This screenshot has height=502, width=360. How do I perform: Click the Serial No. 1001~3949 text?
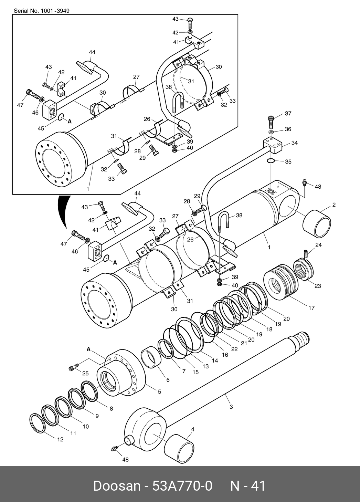pos(42,11)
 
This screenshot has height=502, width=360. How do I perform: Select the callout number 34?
pos(294,143)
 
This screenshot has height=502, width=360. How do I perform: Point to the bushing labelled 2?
pos(317,224)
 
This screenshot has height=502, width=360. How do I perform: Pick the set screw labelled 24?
pos(306,254)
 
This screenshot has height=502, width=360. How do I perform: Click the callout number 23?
pos(318,286)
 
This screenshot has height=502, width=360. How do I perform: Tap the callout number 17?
pos(311,308)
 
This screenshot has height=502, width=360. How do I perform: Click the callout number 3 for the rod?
pos(231,406)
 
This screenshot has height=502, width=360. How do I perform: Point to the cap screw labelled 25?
pos(74,367)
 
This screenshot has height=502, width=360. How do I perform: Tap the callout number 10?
pos(86,427)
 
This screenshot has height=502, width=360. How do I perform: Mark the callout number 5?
pos(159,391)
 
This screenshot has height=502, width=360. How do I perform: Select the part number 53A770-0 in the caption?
pos(182,486)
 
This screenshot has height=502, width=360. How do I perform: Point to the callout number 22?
pos(234,349)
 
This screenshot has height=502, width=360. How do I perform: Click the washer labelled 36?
pos(271,132)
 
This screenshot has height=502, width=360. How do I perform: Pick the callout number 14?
pos(215,360)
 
